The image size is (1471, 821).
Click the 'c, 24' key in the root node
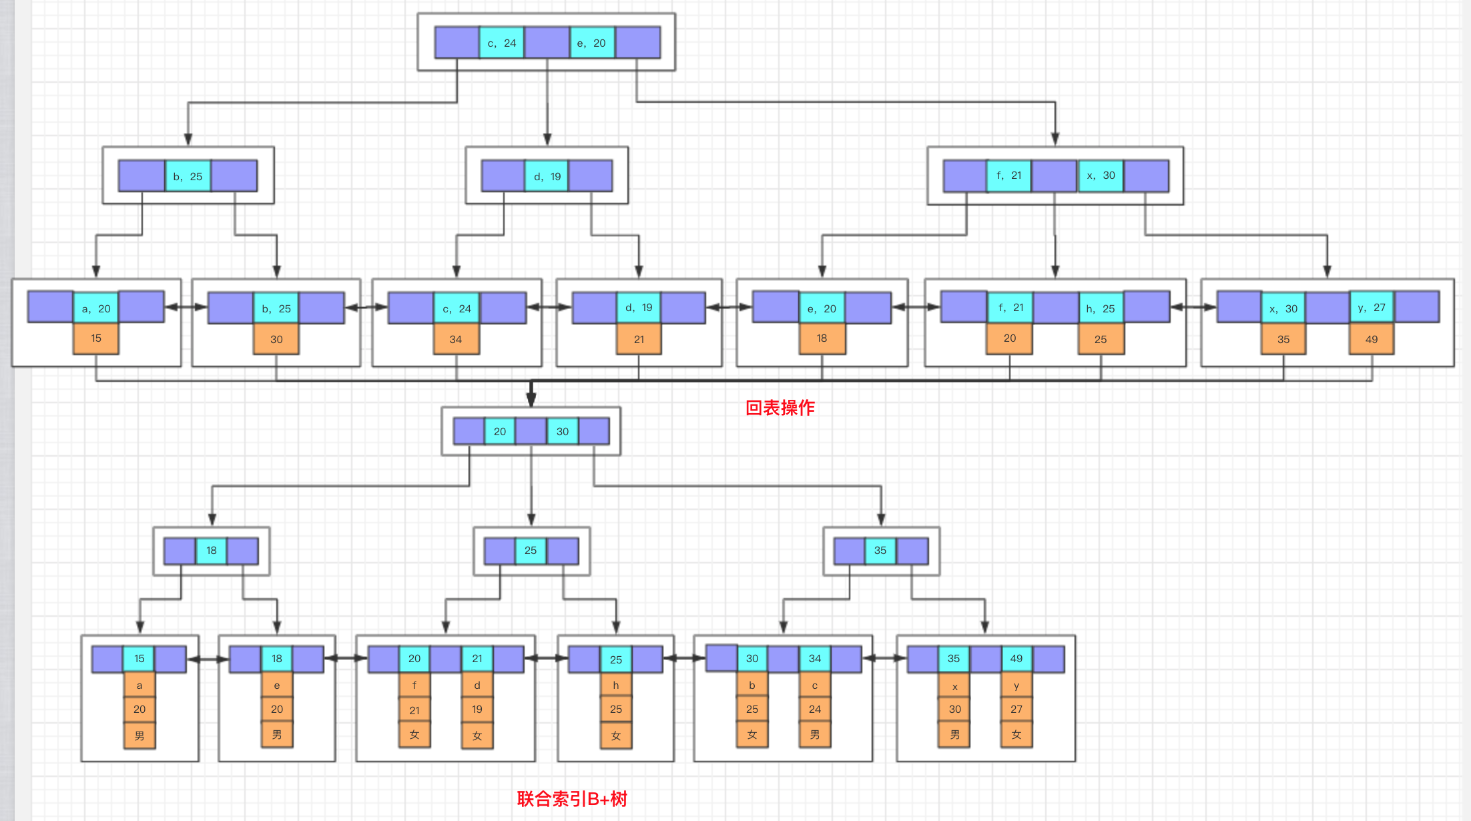pyautogui.click(x=501, y=43)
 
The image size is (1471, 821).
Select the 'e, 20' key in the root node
pyautogui.click(x=591, y=43)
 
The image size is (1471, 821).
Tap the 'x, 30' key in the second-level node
pyautogui.click(x=1101, y=176)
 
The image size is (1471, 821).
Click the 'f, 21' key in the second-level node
pyautogui.click(x=1008, y=176)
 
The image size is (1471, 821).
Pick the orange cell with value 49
pyautogui.click(x=1371, y=339)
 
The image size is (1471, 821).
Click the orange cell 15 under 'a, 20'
pyautogui.click(x=96, y=338)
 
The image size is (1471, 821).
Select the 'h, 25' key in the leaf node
pyautogui.click(x=1100, y=308)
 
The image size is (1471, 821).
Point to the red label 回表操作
pyautogui.click(x=780, y=408)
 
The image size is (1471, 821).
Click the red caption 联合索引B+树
pyautogui.click(x=572, y=798)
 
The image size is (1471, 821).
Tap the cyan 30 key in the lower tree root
pyautogui.click(x=563, y=431)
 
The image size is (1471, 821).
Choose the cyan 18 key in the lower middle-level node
pyautogui.click(x=212, y=551)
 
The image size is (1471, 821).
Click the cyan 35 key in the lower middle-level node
pyautogui.click(x=880, y=551)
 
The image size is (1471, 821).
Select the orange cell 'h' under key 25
pyautogui.click(x=615, y=686)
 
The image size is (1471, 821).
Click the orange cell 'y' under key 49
pyautogui.click(x=1016, y=686)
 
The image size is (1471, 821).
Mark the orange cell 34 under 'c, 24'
pyautogui.click(x=456, y=339)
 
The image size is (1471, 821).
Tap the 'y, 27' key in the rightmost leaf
pyautogui.click(x=1372, y=308)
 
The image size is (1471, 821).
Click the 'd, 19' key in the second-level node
pyautogui.click(x=547, y=176)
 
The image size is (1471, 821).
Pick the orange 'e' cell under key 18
pyautogui.click(x=277, y=686)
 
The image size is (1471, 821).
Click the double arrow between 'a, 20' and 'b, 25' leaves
pyautogui.click(x=186, y=307)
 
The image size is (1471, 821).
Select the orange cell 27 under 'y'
pyautogui.click(x=1016, y=710)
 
